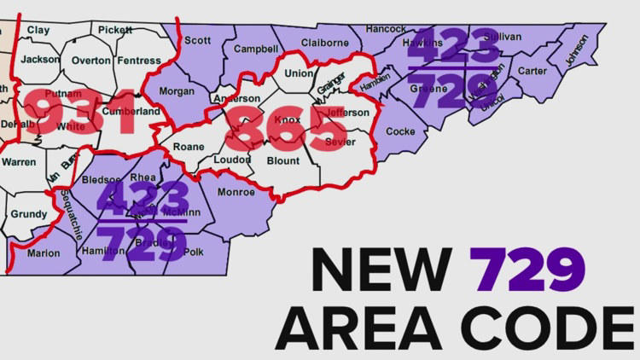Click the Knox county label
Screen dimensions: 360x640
[288, 120]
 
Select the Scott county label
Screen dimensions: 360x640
[197, 40]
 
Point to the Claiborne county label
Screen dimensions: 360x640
[325, 43]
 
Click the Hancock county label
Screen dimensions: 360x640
[386, 28]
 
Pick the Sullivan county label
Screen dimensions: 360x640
[502, 36]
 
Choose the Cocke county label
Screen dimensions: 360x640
[400, 131]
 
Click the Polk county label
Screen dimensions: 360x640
[194, 252]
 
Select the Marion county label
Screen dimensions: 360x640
[44, 253]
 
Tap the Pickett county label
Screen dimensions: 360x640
[115, 29]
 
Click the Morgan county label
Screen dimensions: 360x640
[177, 90]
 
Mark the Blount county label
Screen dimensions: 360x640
[282, 160]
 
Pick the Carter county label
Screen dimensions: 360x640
[532, 71]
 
